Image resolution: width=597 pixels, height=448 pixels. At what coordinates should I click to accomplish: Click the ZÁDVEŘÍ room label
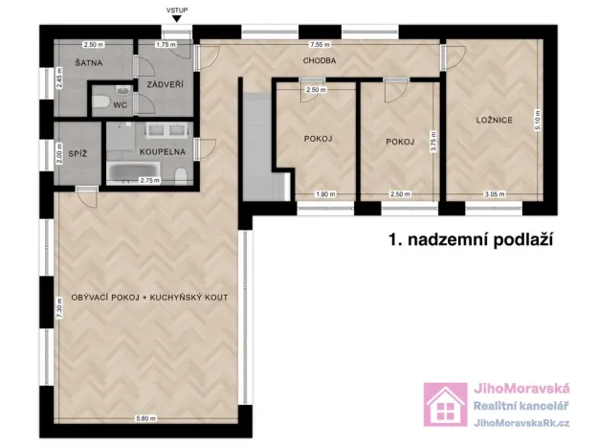pos(159,84)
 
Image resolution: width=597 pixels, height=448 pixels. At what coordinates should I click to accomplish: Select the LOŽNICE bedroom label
pos(496,121)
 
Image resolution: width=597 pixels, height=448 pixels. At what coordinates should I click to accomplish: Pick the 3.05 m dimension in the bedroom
pos(494,194)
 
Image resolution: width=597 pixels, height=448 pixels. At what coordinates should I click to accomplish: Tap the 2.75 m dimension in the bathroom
pos(148,180)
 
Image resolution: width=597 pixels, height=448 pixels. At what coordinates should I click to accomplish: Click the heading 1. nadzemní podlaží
pos(471,239)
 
